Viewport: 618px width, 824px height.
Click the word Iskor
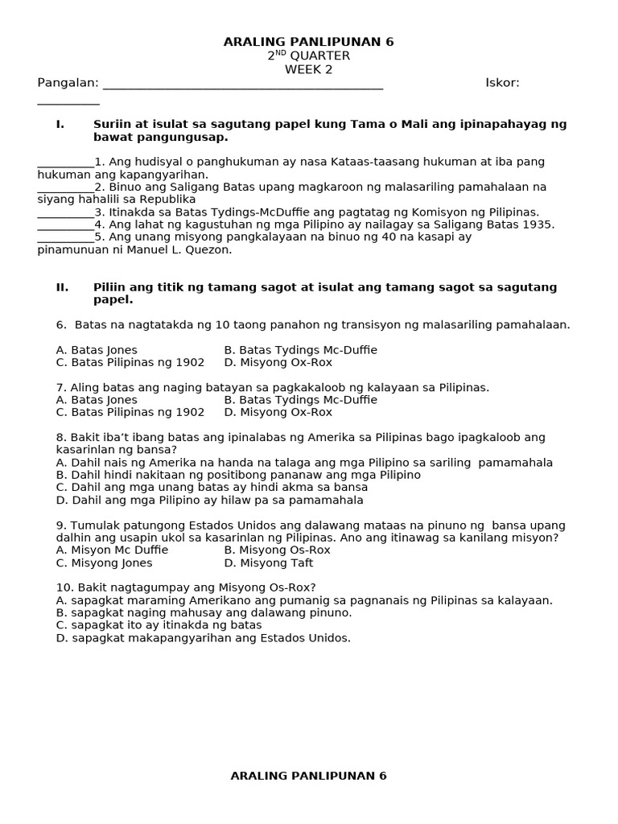[x=501, y=83]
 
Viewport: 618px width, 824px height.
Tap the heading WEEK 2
[x=308, y=70]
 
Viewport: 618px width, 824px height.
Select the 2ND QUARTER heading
[x=308, y=56]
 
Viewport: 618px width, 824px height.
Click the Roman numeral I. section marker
[x=60, y=124]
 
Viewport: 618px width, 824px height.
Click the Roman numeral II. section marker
[x=62, y=287]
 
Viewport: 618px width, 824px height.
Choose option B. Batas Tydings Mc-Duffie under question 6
[x=300, y=350]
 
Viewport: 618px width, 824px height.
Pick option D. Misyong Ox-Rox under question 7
[x=278, y=412]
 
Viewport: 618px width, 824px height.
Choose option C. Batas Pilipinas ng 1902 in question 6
[x=130, y=363]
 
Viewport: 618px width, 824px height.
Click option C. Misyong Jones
[x=104, y=563]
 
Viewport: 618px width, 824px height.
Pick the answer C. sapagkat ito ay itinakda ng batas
[x=159, y=625]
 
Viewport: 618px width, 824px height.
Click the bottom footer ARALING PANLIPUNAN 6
[x=308, y=777]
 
